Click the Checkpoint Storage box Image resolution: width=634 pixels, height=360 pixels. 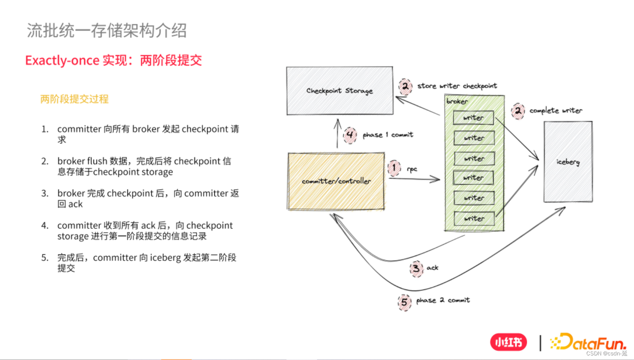point(340,91)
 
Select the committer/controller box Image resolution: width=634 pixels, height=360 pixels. point(336,181)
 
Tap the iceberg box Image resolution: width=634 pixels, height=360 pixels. point(568,162)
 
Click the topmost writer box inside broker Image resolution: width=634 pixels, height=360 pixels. point(473,118)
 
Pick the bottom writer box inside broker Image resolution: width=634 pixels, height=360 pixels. point(474,218)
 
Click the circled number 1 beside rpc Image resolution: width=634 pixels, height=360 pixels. point(394,168)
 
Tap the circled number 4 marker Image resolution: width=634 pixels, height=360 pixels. point(350,135)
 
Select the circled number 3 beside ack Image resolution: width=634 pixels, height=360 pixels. point(416,269)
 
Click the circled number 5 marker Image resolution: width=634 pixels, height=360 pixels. point(404,302)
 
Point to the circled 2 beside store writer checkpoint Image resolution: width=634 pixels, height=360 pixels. point(405,86)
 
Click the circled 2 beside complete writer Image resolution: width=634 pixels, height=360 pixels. point(518,111)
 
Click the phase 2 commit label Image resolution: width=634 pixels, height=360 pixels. point(443,300)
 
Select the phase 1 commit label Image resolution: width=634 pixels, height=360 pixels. point(388,135)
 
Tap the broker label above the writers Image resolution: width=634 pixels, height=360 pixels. point(457,101)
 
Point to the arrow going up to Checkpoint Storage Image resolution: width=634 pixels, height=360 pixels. point(337,134)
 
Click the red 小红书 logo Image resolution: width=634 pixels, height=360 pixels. point(508,342)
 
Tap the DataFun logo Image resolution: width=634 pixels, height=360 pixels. point(589,342)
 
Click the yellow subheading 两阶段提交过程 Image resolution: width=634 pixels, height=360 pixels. point(74,99)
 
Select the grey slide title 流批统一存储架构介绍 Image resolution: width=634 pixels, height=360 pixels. point(107,30)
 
